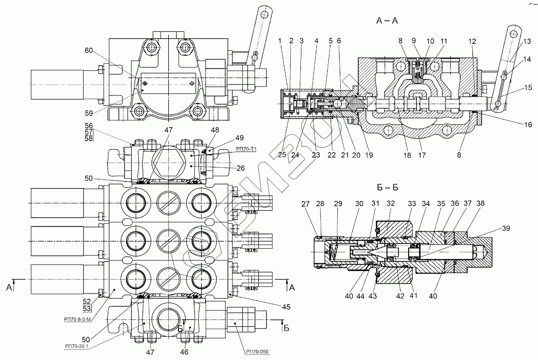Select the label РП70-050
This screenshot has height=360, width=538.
[x=257, y=351]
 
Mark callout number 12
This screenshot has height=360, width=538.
[x=471, y=41]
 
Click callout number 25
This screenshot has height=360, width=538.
[x=282, y=156]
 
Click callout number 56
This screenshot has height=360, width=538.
[x=89, y=126]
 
